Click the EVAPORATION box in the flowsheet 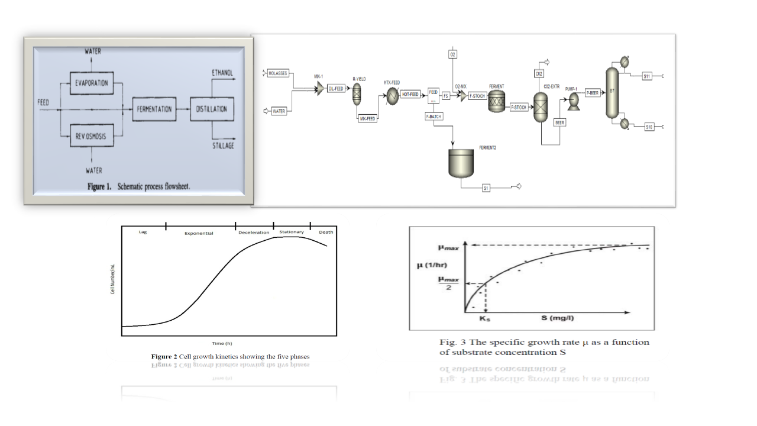point(91,83)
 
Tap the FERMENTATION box point(154,109)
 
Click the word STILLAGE point(223,146)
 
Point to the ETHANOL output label point(222,73)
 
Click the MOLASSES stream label point(277,73)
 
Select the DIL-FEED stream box point(335,89)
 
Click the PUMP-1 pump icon point(572,102)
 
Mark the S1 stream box point(486,188)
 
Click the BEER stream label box point(560,122)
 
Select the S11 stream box point(648,76)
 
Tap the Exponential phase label point(199,233)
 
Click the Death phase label point(326,232)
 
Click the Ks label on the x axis point(485,318)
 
